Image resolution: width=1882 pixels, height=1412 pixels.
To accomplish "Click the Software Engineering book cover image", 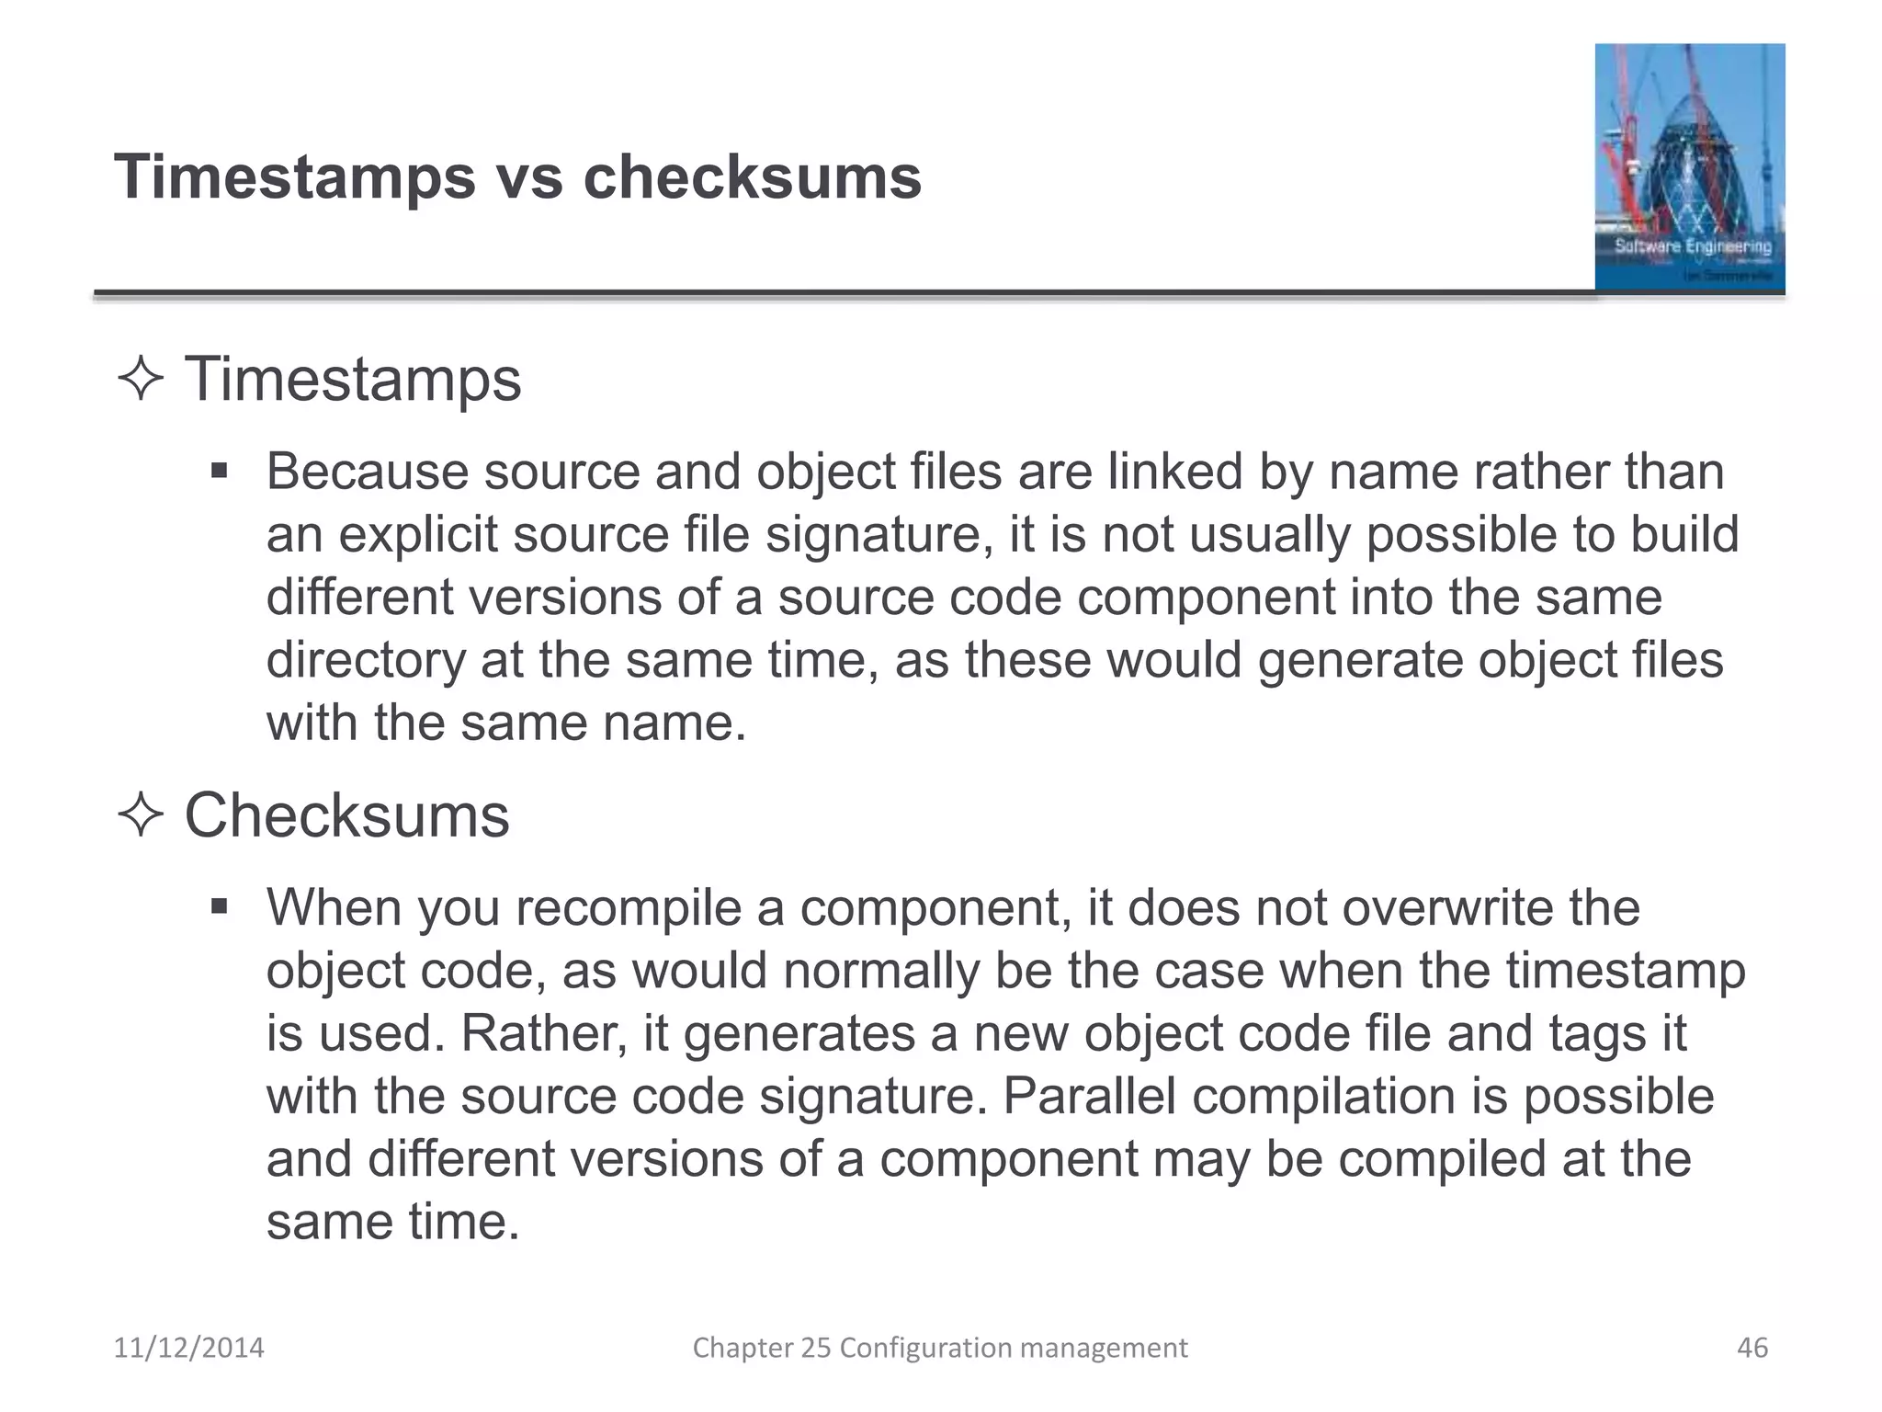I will pos(1689,167).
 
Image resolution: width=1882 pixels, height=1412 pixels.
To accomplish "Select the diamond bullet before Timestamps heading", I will pos(141,380).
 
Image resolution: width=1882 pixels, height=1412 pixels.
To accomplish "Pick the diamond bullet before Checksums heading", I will pos(141,815).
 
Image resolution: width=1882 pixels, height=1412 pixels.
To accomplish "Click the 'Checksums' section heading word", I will pos(346,815).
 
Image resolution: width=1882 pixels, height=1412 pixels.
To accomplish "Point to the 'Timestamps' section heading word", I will pos(353,380).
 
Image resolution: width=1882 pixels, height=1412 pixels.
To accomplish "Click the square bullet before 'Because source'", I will pos(219,473).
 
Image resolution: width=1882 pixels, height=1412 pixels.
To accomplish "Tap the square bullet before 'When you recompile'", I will pos(219,908).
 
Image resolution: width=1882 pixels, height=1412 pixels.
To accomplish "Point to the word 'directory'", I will pos(366,660).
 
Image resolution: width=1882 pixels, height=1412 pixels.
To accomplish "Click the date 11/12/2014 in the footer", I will pos(188,1348).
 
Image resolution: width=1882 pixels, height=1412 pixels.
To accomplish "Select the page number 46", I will pos(1752,1348).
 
